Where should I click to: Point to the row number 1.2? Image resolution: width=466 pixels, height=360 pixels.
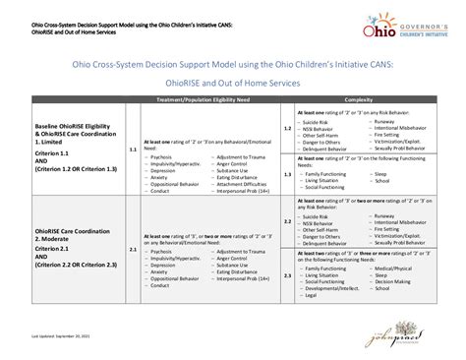tap(287, 129)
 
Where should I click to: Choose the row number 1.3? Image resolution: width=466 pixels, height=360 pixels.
tap(287, 171)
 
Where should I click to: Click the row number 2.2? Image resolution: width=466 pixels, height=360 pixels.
tap(287, 221)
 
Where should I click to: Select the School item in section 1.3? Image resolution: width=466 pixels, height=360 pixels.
tap(380, 181)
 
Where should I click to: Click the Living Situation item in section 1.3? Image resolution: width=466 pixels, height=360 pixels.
tap(325, 181)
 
